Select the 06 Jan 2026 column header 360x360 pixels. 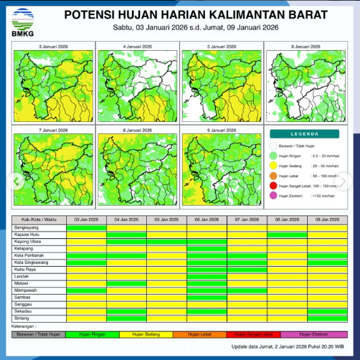coord(207,219)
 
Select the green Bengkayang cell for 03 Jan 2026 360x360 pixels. coord(86,228)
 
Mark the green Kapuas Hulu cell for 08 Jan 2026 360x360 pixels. coord(287,235)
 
